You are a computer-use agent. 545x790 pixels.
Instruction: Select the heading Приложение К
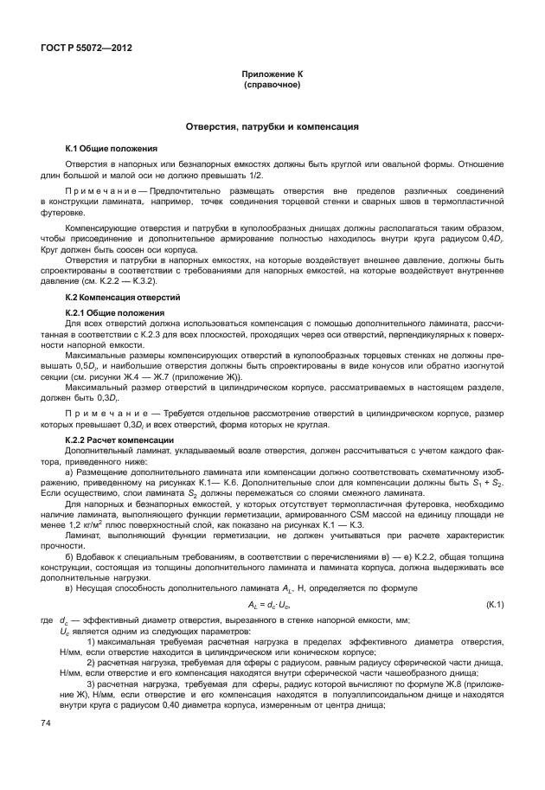click(x=272, y=76)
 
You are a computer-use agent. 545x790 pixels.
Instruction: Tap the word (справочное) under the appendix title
click(x=272, y=87)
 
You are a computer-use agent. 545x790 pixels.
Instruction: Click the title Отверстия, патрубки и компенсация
click(x=272, y=127)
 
